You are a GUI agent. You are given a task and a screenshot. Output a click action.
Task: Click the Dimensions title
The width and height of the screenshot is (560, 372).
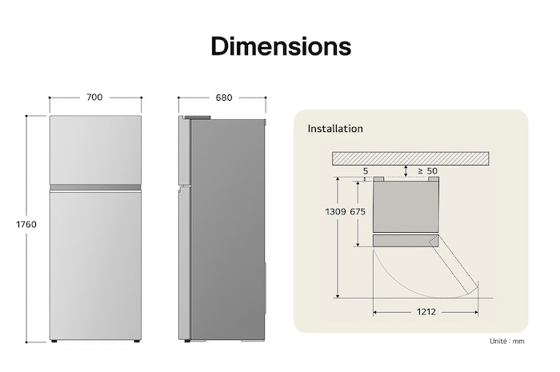pos(280,46)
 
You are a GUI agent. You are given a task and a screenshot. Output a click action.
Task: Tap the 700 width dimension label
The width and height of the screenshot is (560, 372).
pos(94,98)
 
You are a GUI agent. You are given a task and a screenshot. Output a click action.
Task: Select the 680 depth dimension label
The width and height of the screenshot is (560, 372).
pos(224,98)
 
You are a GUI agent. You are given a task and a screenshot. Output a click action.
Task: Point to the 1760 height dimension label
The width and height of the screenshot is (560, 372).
pos(26,225)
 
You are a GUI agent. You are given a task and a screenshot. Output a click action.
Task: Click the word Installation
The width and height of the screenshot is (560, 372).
pos(335,129)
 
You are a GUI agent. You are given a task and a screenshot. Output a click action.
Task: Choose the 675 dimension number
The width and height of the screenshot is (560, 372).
pos(358,212)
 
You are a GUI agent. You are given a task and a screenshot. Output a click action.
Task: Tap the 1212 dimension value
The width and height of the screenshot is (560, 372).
pos(426,312)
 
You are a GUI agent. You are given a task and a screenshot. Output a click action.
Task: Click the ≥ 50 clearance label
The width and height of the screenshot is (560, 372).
pos(427,171)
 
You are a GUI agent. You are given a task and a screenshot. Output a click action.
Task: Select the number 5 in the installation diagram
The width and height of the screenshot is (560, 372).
pos(366,171)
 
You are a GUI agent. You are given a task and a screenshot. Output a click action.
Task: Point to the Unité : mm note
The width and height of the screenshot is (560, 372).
pos(507,342)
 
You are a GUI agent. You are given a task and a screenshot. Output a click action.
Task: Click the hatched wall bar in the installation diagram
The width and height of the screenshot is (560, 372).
pos(410,158)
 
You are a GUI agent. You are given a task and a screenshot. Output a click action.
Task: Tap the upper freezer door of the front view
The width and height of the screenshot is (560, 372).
pos(94,150)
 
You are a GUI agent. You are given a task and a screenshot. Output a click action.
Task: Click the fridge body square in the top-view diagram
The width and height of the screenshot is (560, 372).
pos(406,206)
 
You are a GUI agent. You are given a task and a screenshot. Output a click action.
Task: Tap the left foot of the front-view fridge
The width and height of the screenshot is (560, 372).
pos(57,342)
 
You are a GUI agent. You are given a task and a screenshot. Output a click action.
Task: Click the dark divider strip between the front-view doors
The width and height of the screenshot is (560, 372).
pos(94,187)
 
